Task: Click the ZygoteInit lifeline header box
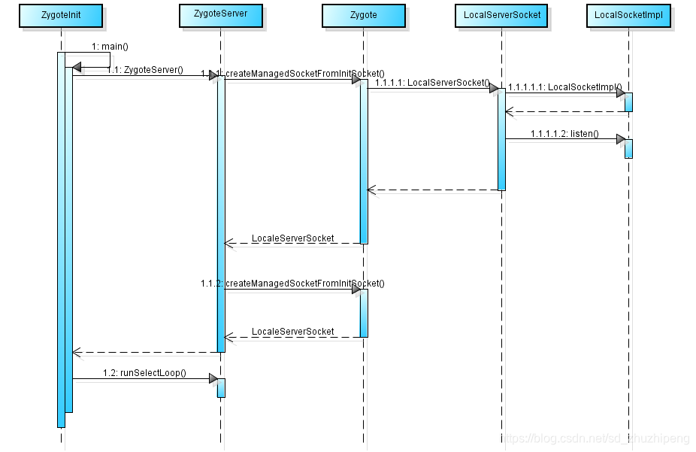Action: (63, 15)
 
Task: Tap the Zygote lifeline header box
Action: (363, 15)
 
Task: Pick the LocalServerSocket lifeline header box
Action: (502, 15)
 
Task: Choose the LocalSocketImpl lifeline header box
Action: (628, 15)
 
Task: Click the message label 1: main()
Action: (110, 47)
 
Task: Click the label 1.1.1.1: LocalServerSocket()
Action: (432, 83)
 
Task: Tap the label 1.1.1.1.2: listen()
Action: (564, 134)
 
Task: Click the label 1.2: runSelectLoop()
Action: (144, 373)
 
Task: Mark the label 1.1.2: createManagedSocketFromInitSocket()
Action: (292, 284)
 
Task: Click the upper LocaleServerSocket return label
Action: (292, 238)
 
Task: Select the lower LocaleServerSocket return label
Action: (292, 332)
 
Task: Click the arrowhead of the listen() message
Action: (620, 139)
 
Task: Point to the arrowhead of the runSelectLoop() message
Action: (213, 378)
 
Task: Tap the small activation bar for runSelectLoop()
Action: (221, 387)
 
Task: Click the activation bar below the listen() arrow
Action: (628, 148)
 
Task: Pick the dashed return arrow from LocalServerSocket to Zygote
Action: (432, 190)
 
